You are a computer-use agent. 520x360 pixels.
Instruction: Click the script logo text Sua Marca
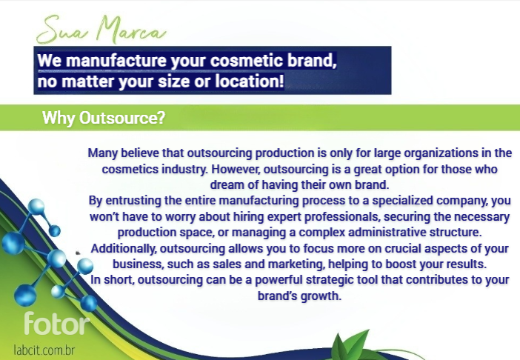click(x=101, y=30)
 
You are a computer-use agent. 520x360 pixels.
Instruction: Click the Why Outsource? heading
click(x=104, y=118)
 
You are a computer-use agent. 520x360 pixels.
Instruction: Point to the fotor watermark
click(x=57, y=323)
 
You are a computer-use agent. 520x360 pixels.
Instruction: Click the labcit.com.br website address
click(x=44, y=350)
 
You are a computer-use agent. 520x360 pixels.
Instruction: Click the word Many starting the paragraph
click(x=103, y=153)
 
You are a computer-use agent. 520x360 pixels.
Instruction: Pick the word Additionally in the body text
click(x=124, y=248)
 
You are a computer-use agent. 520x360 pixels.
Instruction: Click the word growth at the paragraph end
click(x=321, y=296)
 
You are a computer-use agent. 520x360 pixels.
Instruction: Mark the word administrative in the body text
click(x=387, y=233)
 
